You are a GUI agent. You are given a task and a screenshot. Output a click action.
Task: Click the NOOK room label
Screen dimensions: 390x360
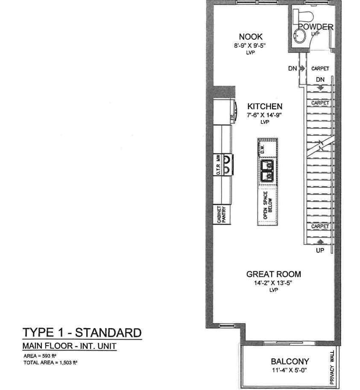pos(251,37)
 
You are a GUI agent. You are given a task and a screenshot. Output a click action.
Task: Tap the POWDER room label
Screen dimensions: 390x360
pos(315,27)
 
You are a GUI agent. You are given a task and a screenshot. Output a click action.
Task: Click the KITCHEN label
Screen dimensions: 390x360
pos(265,106)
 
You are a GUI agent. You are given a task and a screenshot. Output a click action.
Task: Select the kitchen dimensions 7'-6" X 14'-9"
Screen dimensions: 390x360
pos(265,115)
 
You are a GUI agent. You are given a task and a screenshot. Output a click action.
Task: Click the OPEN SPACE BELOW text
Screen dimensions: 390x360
pos(268,206)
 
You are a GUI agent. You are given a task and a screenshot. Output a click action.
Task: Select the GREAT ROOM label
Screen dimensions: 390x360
pos(274,274)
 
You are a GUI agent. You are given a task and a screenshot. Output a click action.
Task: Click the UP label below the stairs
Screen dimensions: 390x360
pos(320,251)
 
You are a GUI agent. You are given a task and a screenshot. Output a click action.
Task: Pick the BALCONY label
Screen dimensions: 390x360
pos(284,361)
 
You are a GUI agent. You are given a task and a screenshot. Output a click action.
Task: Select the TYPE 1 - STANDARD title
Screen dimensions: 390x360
pos(81,332)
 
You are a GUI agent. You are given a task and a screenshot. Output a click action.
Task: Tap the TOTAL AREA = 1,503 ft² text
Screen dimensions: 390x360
pos(50,362)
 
